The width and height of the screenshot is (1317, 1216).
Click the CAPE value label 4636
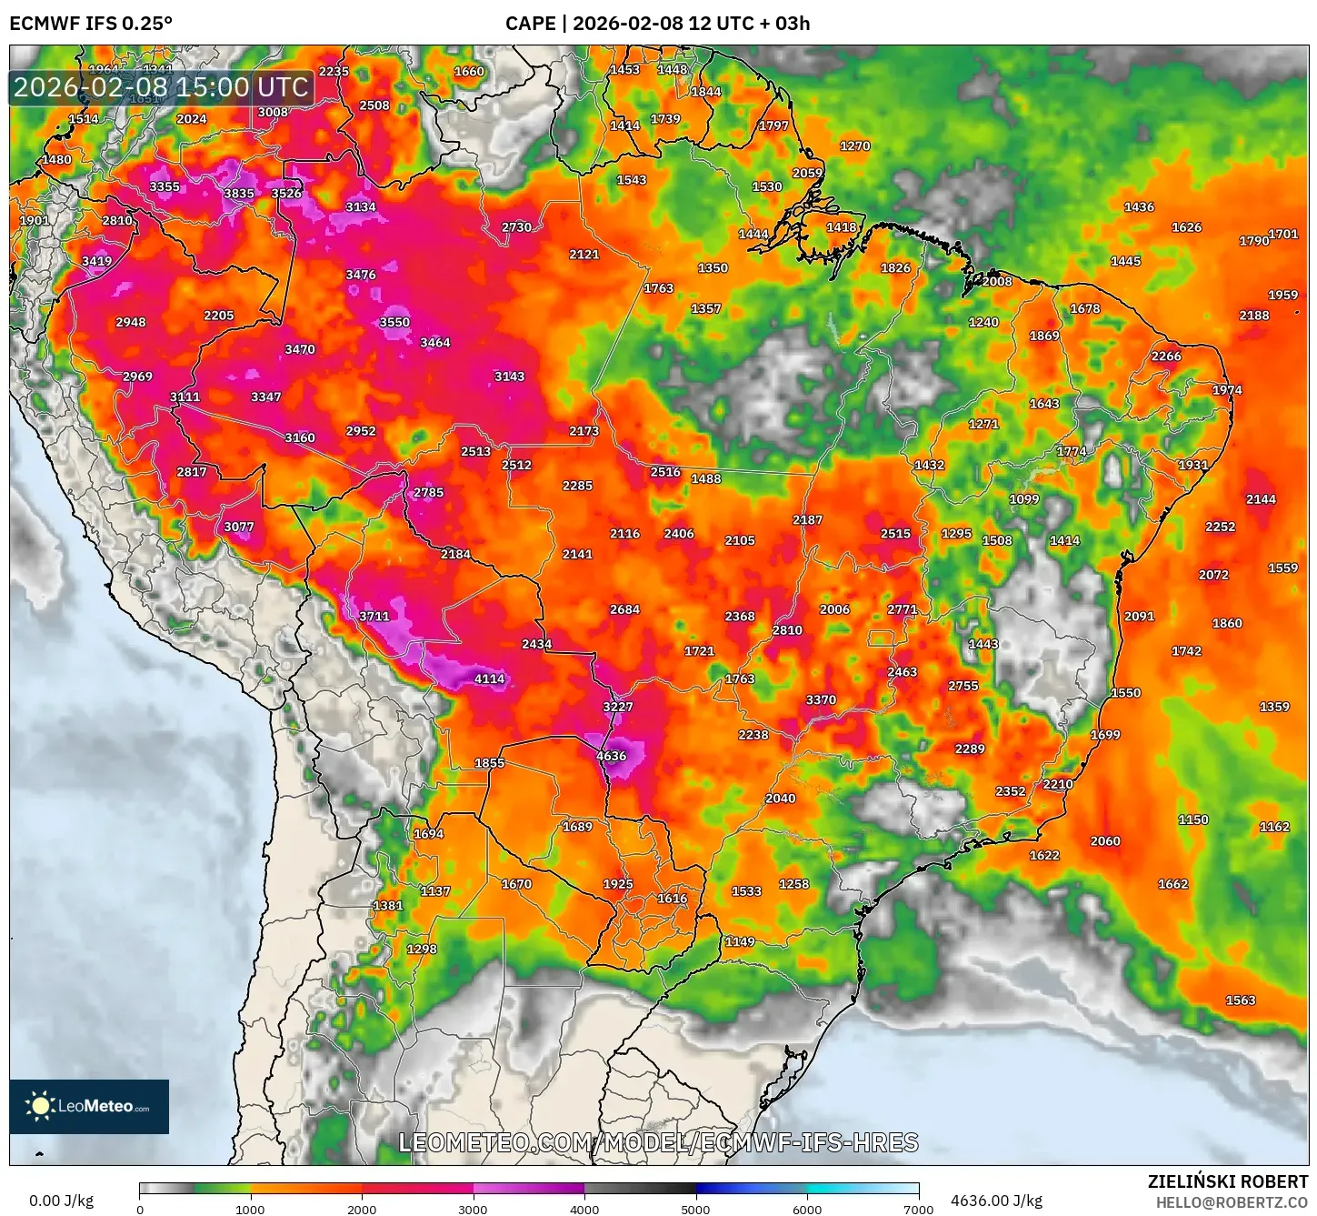pyautogui.click(x=611, y=756)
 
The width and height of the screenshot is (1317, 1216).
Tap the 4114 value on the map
pyautogui.click(x=489, y=678)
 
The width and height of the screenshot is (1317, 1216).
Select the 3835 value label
pyautogui.click(x=239, y=193)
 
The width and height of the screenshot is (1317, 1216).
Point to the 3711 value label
pyautogui.click(x=374, y=616)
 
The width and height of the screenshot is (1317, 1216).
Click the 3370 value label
pyautogui.click(x=820, y=699)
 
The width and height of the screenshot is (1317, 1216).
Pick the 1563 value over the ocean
pyautogui.click(x=1240, y=1000)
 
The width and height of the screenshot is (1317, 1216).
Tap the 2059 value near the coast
pyautogui.click(x=806, y=173)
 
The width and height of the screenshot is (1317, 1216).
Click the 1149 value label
pyautogui.click(x=739, y=941)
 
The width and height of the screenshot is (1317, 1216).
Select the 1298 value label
pyautogui.click(x=421, y=949)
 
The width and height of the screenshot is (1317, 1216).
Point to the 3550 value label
pyautogui.click(x=394, y=322)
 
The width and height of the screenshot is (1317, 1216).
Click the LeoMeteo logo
pyautogui.click(x=89, y=1106)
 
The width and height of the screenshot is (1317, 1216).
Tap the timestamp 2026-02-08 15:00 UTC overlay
pyautogui.click(x=161, y=87)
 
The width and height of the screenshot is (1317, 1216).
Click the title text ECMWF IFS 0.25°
pyautogui.click(x=91, y=23)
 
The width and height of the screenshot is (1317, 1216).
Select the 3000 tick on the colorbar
pyautogui.click(x=473, y=1209)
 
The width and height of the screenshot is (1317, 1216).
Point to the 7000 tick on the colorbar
pyautogui.click(x=918, y=1209)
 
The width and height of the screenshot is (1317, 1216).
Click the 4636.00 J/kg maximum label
pyautogui.click(x=996, y=1201)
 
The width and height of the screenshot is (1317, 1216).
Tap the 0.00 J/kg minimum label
pyautogui.click(x=62, y=1201)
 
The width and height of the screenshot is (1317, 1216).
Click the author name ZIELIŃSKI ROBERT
pyautogui.click(x=1227, y=1181)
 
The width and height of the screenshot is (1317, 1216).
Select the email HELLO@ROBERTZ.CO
pyautogui.click(x=1232, y=1202)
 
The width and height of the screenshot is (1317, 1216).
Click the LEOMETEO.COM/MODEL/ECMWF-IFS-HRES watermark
pyautogui.click(x=658, y=1142)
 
